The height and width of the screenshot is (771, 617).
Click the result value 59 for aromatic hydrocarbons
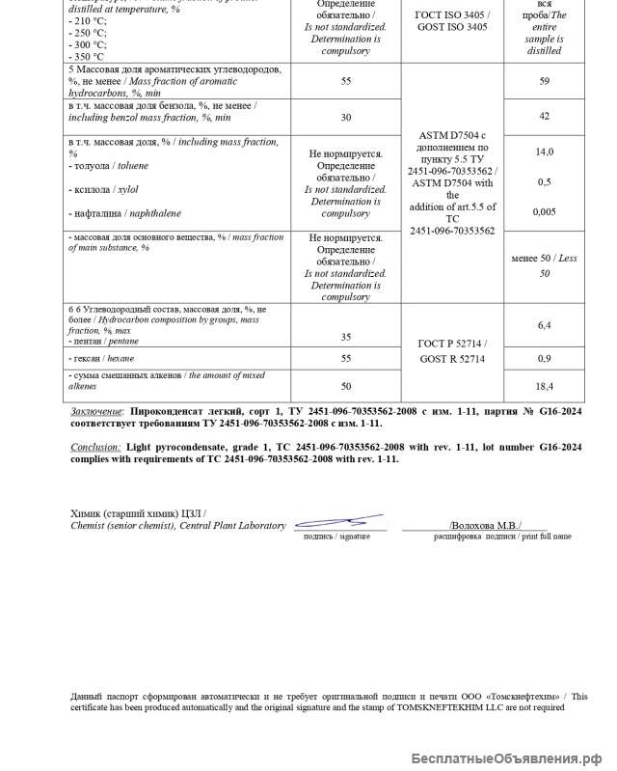pyautogui.click(x=544, y=81)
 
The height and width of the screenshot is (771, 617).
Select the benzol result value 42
pyautogui.click(x=544, y=116)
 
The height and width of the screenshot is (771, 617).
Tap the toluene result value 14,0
pyautogui.click(x=544, y=152)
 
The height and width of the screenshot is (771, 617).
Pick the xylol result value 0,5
pyautogui.click(x=544, y=182)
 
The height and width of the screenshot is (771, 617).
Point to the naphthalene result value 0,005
pyautogui.click(x=544, y=211)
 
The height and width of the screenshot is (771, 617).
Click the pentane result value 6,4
pyautogui.click(x=544, y=325)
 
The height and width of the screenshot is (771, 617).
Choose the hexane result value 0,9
pyautogui.click(x=544, y=359)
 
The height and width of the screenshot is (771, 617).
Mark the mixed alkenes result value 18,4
pyautogui.click(x=544, y=386)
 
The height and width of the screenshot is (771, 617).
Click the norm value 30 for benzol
pyautogui.click(x=345, y=118)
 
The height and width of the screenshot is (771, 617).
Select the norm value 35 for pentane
pyautogui.click(x=345, y=337)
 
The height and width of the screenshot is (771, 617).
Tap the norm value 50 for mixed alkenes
pyautogui.click(x=345, y=386)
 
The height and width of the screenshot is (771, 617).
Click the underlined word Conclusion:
pyautogui.click(x=95, y=447)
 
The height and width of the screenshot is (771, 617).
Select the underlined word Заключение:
pyautogui.click(x=96, y=410)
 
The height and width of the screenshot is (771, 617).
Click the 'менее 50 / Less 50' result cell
pyautogui.click(x=544, y=266)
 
